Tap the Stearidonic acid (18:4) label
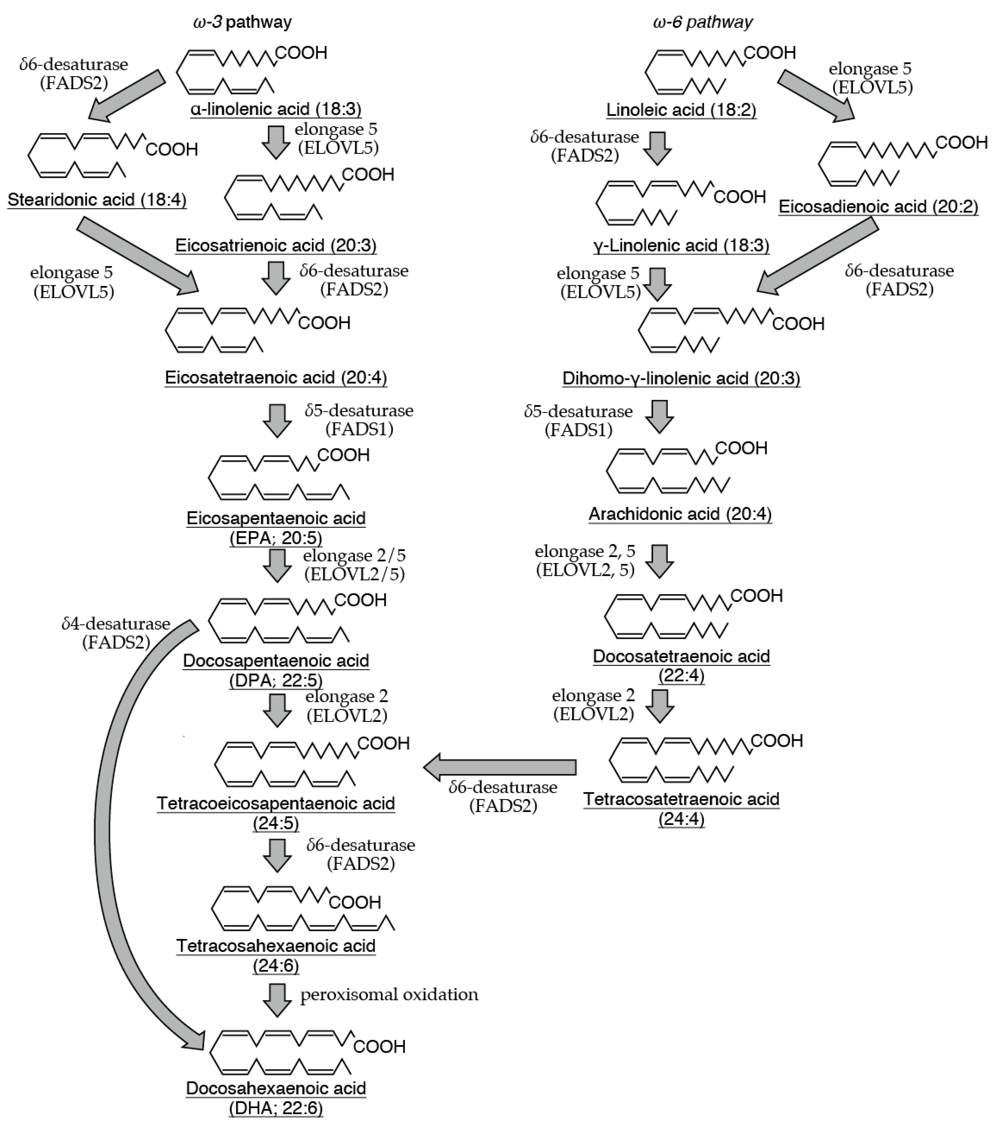click(x=97, y=199)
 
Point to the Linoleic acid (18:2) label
click(x=681, y=110)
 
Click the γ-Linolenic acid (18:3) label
click(x=681, y=245)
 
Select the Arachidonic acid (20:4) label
click(x=680, y=514)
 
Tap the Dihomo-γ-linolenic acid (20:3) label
click(x=681, y=378)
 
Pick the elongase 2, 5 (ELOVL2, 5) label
click(x=585, y=561)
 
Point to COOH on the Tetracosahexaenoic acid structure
click(x=355, y=902)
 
